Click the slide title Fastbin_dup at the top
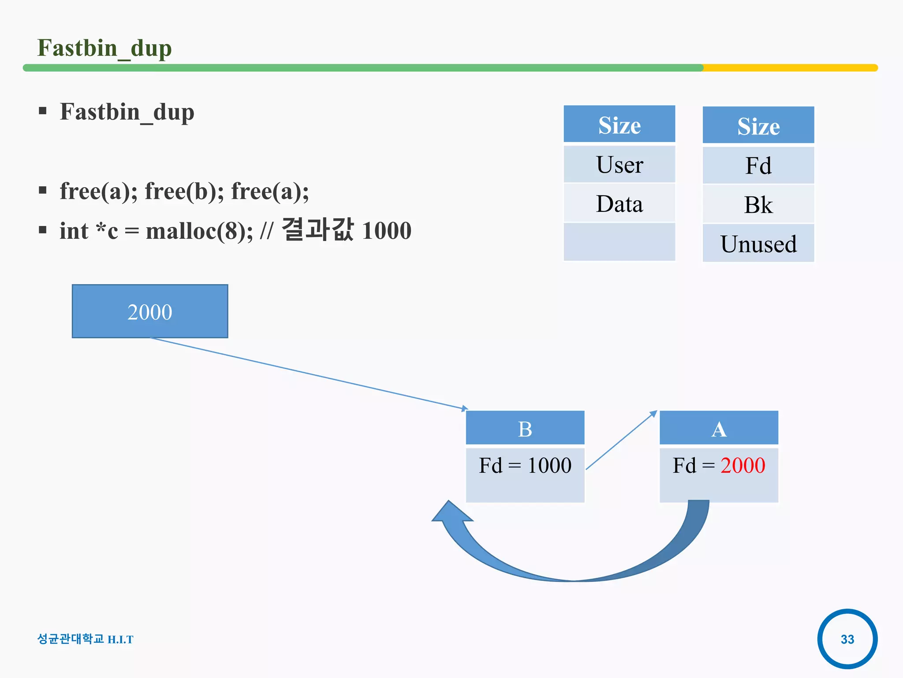click(104, 48)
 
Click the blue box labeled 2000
click(150, 312)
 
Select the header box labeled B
click(525, 428)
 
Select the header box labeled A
click(719, 428)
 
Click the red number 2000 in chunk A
click(743, 465)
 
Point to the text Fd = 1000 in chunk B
click(525, 465)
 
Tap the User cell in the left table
click(619, 165)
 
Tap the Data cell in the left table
click(619, 203)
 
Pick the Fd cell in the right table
click(758, 166)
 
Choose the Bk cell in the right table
click(758, 204)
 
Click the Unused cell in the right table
click(758, 244)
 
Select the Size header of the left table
click(619, 125)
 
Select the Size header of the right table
click(758, 126)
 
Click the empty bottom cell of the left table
click(619, 242)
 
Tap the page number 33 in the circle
click(847, 639)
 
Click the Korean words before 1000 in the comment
click(317, 230)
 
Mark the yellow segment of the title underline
click(789, 68)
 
